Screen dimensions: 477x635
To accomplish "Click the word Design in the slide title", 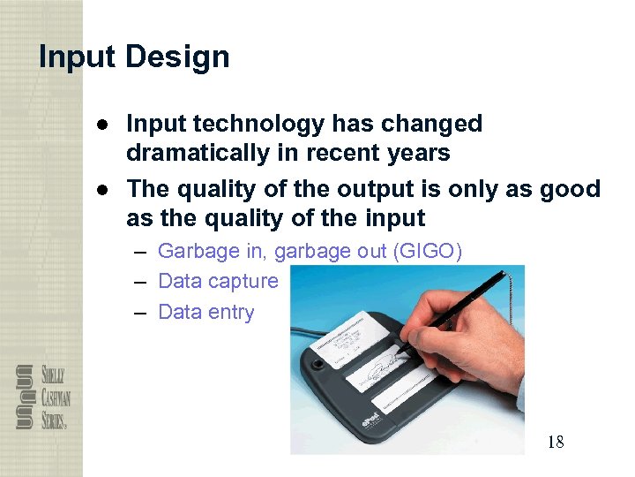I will [177, 57].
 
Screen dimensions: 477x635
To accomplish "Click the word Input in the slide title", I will [77, 57].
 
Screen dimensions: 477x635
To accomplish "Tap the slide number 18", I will [555, 442].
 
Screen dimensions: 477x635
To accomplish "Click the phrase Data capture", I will [218, 282].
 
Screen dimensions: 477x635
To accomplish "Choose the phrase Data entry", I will [205, 313].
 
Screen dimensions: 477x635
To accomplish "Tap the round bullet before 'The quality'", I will [103, 189].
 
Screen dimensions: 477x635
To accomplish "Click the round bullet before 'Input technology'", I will [103, 124].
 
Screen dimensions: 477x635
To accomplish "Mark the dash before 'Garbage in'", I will [141, 252].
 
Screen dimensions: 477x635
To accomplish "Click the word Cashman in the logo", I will [52, 396].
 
